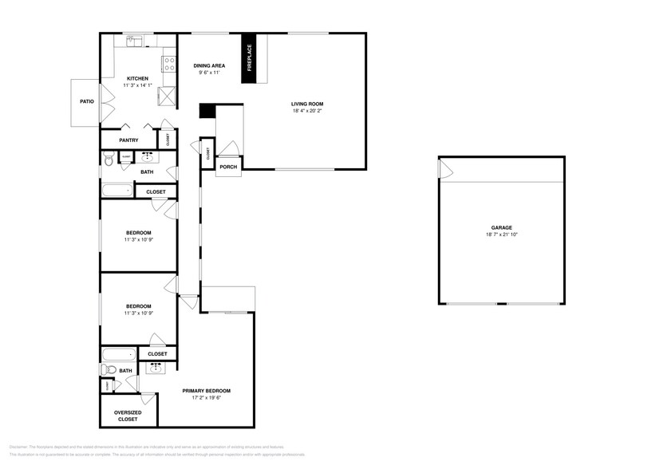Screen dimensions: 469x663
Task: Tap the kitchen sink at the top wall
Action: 134,40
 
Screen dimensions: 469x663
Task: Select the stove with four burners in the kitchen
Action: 169,63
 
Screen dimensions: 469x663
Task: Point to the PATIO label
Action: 86,102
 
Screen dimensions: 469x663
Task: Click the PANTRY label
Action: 128,140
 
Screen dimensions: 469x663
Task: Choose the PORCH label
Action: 228,167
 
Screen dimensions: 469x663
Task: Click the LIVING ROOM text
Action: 307,104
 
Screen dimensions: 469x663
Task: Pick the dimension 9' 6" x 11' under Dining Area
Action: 209,73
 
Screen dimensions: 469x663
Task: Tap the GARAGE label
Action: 501,227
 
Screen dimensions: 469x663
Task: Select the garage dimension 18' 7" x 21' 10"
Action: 501,235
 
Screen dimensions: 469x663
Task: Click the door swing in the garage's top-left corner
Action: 446,169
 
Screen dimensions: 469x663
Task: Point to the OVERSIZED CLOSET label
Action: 128,416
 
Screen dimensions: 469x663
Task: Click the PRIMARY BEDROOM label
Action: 206,391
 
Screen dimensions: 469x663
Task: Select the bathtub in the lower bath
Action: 118,353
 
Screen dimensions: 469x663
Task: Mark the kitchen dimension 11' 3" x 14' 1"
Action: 136,85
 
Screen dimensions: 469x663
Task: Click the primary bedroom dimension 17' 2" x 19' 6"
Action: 206,398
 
